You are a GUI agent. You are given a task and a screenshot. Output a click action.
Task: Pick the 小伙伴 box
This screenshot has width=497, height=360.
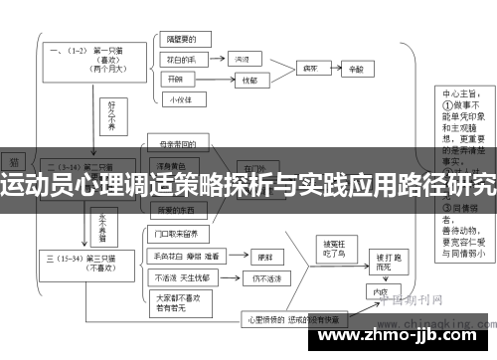179,98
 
